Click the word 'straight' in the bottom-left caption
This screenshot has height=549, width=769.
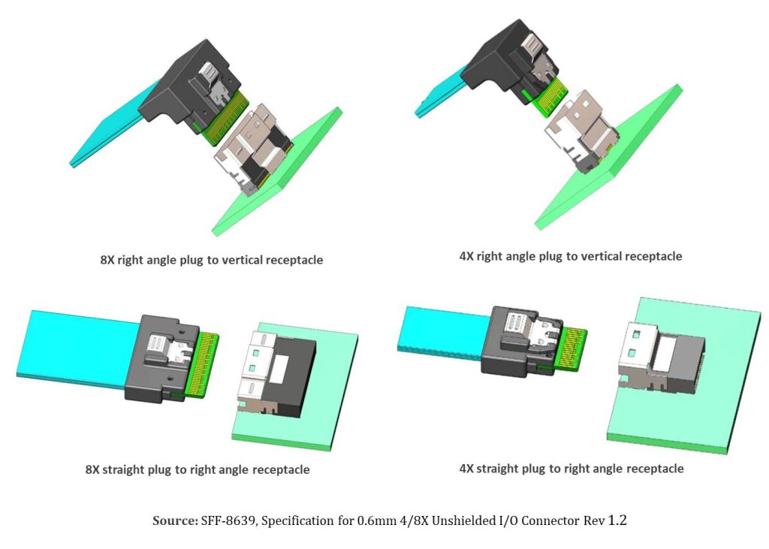coord(126,470)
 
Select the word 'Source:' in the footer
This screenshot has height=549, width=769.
coord(175,520)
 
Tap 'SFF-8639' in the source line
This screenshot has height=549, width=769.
coord(228,520)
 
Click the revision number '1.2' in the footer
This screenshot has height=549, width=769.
coord(616,520)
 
